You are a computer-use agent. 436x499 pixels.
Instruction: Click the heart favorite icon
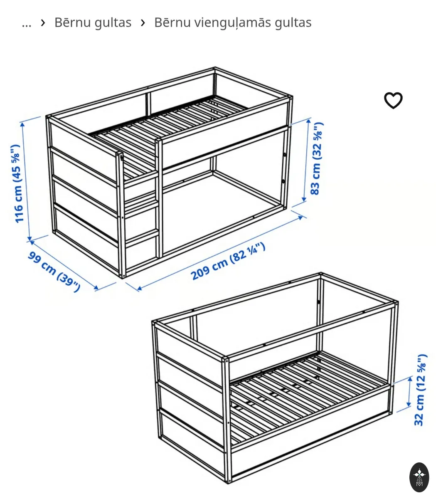393,100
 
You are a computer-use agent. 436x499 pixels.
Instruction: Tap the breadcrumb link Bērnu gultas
93,23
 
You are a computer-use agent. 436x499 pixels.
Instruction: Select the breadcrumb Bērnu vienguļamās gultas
233,23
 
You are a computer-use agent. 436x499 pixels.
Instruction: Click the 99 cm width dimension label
54,271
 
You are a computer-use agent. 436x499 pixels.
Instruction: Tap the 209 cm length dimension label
228,261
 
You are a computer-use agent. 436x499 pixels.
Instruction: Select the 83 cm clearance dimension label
316,158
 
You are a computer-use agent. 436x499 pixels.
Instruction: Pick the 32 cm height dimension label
420,390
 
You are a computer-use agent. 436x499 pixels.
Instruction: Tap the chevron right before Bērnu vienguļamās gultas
143,23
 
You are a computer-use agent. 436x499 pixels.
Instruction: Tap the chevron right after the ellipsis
43,23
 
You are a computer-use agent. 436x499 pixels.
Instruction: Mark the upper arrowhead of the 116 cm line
22,124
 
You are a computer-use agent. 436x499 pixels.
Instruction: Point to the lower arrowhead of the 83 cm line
304,199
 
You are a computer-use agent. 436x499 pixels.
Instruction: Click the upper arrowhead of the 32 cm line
410,379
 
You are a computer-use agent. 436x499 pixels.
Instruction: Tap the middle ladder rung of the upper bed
141,205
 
